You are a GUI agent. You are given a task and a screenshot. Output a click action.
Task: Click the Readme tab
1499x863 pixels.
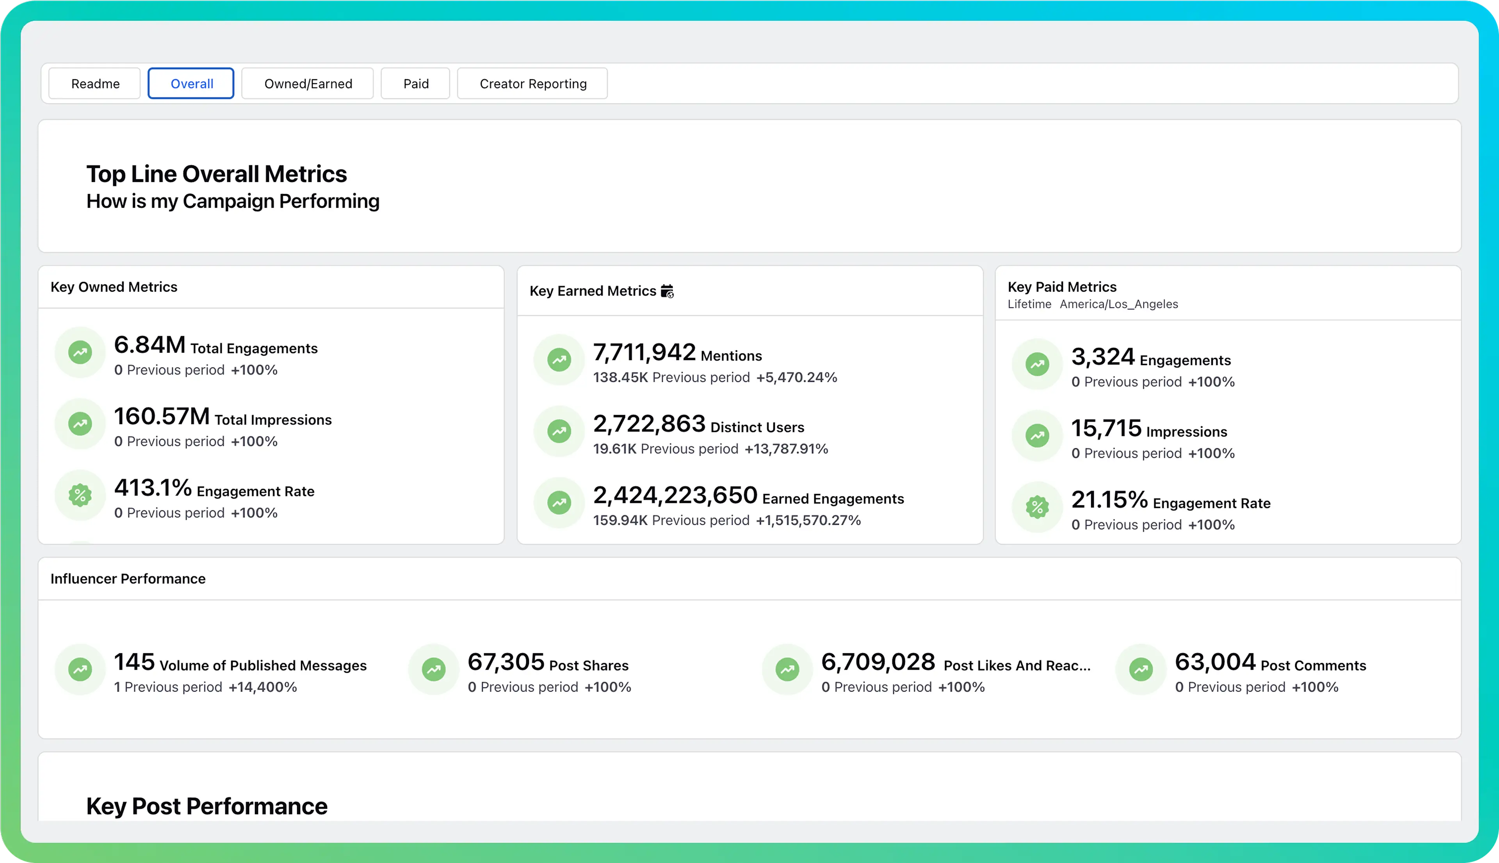coord(95,84)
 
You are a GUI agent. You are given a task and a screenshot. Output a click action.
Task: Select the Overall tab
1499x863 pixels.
coord(191,84)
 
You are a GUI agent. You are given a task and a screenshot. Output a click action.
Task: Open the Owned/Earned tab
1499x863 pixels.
coord(308,84)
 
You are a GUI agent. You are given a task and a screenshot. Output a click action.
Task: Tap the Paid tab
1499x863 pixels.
coord(415,84)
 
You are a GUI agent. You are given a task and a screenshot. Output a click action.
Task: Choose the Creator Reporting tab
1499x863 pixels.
coord(532,84)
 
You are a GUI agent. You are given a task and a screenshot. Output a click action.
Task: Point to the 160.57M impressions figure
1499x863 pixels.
coord(162,416)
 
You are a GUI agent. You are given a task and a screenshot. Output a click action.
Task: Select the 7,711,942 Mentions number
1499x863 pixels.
coord(644,353)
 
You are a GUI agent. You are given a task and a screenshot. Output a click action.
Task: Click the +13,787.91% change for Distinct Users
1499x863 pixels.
coord(786,449)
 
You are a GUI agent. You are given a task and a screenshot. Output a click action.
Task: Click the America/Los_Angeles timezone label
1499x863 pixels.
coord(1119,304)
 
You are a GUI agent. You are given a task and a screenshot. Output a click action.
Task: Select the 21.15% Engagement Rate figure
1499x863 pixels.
coord(1109,500)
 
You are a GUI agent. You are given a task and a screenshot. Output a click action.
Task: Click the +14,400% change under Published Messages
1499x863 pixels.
coord(262,687)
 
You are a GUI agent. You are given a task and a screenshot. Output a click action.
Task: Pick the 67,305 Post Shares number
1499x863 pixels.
coord(506,662)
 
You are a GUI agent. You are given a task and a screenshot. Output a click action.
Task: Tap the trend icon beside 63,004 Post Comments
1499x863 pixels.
coord(1141,670)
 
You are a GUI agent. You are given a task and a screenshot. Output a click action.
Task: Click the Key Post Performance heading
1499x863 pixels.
coord(207,806)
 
